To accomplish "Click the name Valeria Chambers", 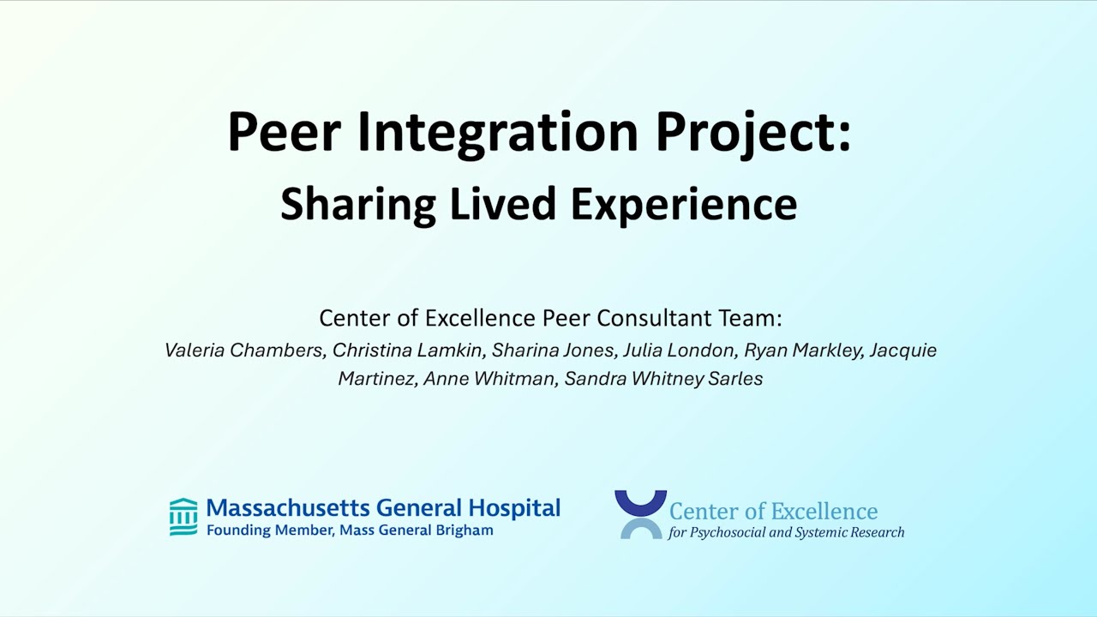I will click(243, 350).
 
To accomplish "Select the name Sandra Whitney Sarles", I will click(663, 379).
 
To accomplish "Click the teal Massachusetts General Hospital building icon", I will click(183, 517).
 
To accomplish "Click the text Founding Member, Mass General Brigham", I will click(350, 530).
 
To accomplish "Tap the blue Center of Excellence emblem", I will click(640, 514).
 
